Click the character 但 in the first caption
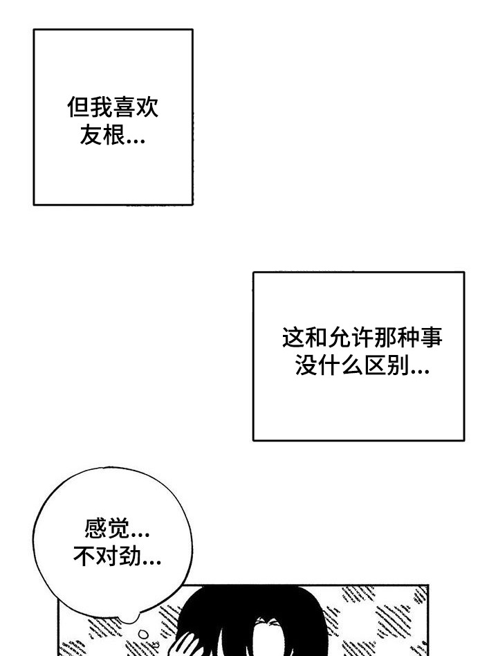click(x=78, y=107)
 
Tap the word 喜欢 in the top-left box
click(x=136, y=107)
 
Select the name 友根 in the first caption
click(x=102, y=135)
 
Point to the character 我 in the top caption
click(x=101, y=107)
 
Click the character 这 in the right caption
click(x=293, y=337)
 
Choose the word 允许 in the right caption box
click(x=339, y=337)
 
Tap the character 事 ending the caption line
click(x=431, y=337)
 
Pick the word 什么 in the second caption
click(x=340, y=365)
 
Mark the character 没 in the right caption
click(x=306, y=365)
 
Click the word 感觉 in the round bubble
click(x=107, y=528)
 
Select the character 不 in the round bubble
click(x=84, y=556)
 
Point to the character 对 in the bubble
click(x=107, y=556)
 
